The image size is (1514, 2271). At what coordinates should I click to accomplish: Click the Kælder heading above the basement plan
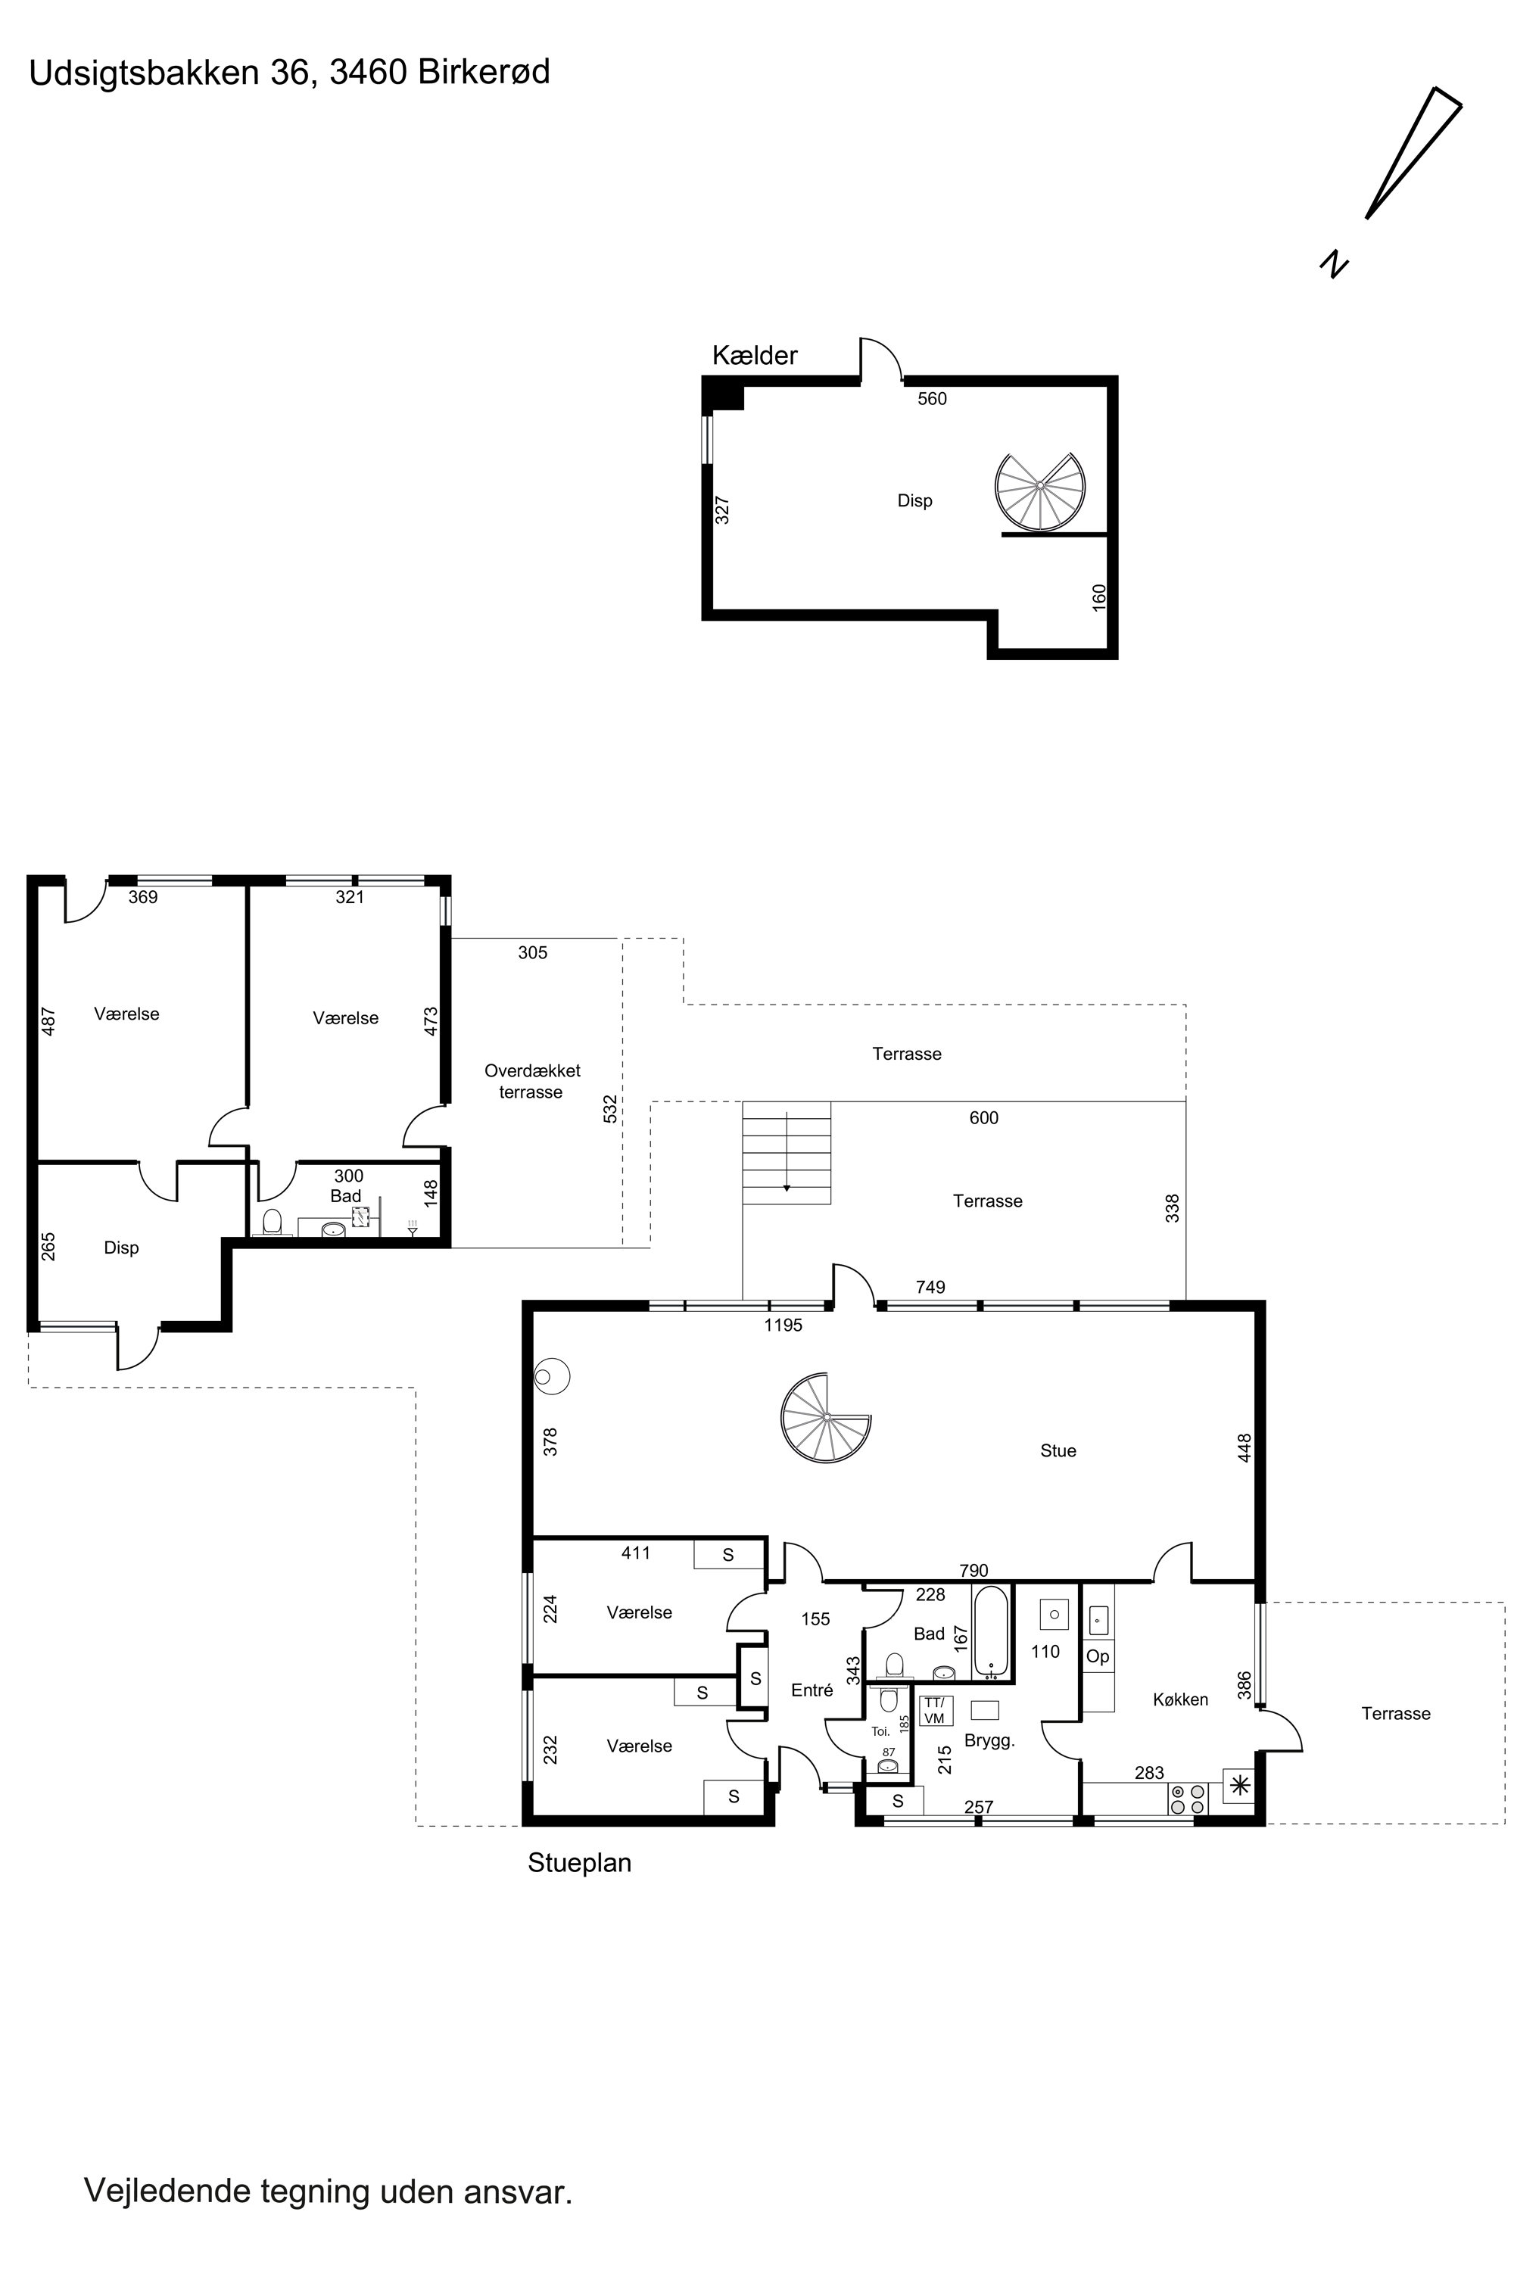click(x=755, y=357)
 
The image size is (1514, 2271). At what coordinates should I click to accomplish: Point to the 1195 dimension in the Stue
click(x=783, y=1326)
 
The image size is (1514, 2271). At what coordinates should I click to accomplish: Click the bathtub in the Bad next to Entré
click(x=992, y=1633)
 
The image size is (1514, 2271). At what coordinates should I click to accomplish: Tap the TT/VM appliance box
click(x=935, y=1711)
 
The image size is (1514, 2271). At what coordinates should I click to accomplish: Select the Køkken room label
click(x=1180, y=1699)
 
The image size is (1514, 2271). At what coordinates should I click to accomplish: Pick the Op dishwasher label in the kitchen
click(x=1098, y=1657)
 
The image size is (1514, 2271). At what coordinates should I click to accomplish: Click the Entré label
click(x=812, y=1690)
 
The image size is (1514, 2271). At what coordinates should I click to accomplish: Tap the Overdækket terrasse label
click(x=532, y=1082)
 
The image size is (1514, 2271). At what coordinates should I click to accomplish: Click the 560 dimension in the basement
click(x=932, y=399)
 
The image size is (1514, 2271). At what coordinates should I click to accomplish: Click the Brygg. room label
click(x=989, y=1742)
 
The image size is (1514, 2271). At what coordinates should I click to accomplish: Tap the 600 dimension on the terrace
click(x=984, y=1118)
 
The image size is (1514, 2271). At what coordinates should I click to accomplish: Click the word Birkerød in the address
click(x=484, y=73)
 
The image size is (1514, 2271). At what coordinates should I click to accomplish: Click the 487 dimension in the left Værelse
click(x=49, y=1021)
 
